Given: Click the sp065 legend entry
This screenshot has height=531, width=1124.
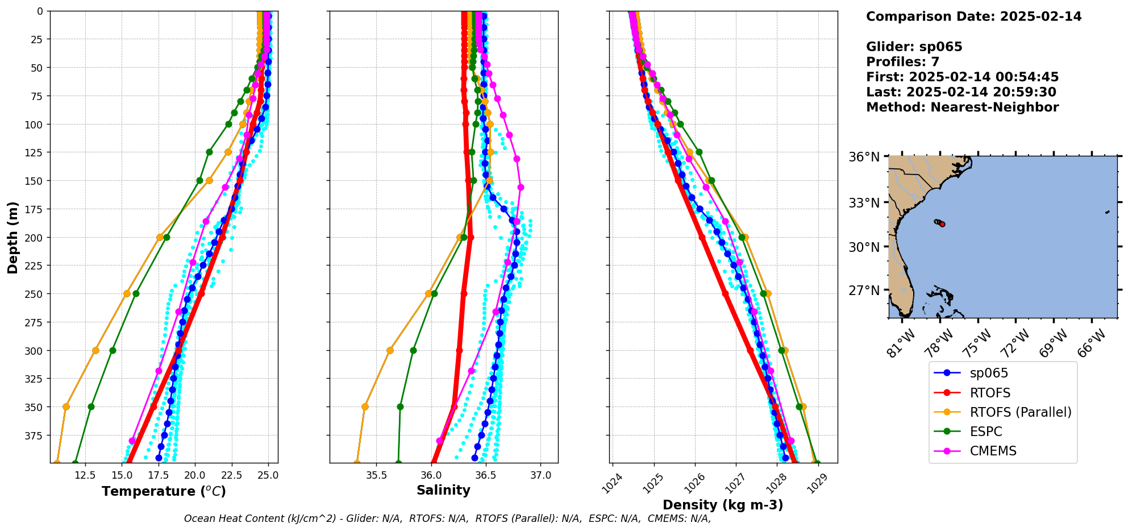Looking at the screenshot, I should tap(989, 373).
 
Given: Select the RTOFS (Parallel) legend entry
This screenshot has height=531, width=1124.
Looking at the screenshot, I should tap(1020, 412).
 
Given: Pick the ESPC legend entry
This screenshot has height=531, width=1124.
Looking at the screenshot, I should tap(985, 432).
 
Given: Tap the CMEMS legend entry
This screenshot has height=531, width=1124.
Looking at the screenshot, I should tap(993, 451).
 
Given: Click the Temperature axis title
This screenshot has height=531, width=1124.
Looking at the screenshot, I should tap(164, 491).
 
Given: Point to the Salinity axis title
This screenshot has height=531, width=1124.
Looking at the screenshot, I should tap(443, 490).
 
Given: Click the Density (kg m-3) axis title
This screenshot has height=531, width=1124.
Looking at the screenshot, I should tap(723, 505).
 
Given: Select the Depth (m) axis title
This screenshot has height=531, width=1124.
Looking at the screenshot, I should tap(13, 237).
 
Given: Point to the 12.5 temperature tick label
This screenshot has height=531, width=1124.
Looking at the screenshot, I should tap(85, 475).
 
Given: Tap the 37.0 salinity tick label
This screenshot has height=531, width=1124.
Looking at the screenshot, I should tap(540, 475).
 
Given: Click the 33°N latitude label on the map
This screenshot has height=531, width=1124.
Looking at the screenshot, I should tap(868, 203).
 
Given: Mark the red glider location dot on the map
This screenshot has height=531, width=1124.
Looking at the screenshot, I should tap(942, 225).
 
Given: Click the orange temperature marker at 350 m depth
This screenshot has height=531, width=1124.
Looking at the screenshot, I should tap(66, 406).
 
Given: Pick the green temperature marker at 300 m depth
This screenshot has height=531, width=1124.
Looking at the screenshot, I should tap(113, 350).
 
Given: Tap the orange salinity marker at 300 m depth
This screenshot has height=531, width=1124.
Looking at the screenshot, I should tap(390, 350).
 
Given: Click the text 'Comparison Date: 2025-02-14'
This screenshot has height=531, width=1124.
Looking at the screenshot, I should tap(973, 16).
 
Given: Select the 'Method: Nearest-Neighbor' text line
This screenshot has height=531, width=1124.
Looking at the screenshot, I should tap(962, 107).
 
